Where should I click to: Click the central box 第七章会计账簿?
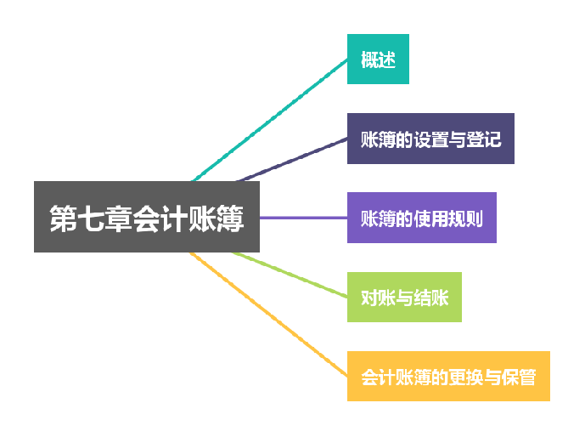click(146, 217)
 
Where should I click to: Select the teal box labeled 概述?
click(378, 60)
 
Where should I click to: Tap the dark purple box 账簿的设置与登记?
click(430, 139)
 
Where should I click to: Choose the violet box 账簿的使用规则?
click(421, 218)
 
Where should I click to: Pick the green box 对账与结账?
click(404, 298)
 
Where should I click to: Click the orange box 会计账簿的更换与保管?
click(448, 376)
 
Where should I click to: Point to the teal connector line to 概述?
click(272, 119)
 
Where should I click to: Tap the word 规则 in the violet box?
click(467, 218)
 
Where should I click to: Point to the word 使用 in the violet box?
click(430, 218)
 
